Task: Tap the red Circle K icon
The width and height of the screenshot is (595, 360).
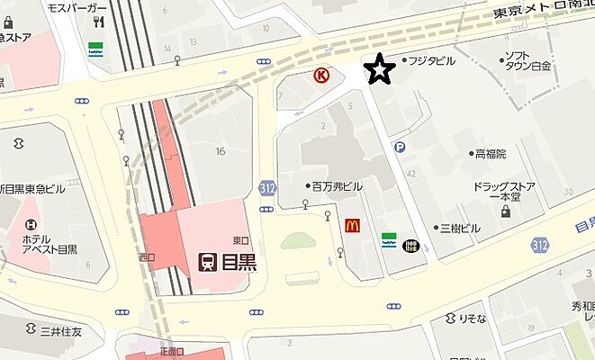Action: [320, 76]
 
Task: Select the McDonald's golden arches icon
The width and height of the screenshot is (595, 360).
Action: [352, 227]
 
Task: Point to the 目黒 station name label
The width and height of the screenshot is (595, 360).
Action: [239, 262]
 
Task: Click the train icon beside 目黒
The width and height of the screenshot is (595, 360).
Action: [207, 262]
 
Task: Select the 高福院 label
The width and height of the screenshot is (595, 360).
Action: [491, 154]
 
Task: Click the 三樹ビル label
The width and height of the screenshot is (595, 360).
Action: [459, 229]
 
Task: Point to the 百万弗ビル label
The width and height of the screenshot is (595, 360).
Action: [338, 186]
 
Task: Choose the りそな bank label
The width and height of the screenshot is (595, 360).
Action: [472, 318]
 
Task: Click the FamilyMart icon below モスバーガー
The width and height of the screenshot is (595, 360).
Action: [95, 48]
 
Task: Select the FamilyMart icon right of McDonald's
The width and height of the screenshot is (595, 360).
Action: [389, 240]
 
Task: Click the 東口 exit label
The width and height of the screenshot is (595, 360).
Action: [239, 240]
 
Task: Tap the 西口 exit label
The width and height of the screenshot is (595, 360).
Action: [147, 258]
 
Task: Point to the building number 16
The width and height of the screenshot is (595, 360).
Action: [220, 151]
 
